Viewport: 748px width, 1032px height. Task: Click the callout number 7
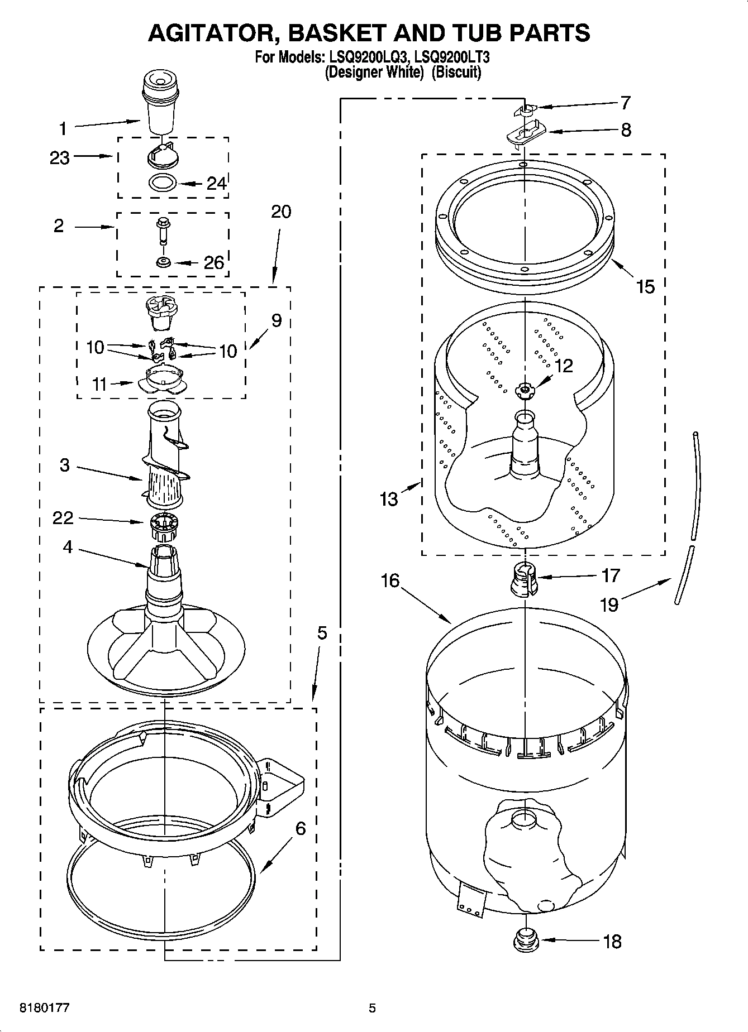pyautogui.click(x=625, y=103)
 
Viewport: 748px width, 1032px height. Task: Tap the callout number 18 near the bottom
pyautogui.click(x=612, y=942)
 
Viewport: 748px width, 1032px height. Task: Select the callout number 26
pyautogui.click(x=213, y=262)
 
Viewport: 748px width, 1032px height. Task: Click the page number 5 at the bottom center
pyautogui.click(x=372, y=1008)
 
